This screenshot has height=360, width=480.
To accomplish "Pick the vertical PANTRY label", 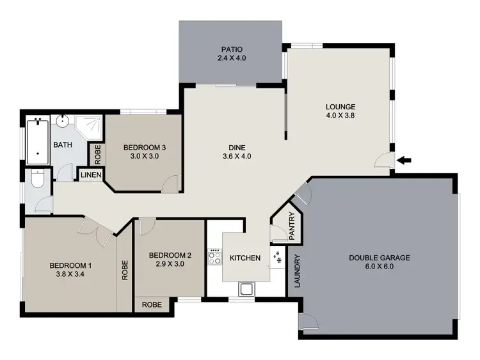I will click(291, 226).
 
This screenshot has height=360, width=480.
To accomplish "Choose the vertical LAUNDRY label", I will click(298, 271).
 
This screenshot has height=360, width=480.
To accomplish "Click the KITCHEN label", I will click(245, 258).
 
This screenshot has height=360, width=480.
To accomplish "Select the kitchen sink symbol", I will click(245, 289).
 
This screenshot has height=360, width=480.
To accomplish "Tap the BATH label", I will click(62, 145).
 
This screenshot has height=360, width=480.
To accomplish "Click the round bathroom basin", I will click(63, 121).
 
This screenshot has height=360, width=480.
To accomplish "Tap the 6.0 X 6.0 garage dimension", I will click(380, 267).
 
